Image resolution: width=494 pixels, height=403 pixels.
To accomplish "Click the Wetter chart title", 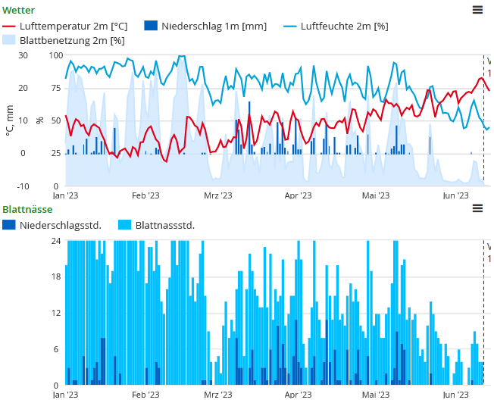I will (18, 10).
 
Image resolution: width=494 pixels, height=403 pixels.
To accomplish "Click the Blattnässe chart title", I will (27, 209).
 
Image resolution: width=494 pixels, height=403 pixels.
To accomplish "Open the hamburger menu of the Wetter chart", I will (477, 10).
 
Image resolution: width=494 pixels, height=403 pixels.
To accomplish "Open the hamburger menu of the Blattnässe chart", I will (477, 208).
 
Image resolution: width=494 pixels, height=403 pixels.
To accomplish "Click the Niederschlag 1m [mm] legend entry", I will (205, 26).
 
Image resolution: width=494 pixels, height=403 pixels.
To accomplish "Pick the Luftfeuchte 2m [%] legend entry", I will (336, 26).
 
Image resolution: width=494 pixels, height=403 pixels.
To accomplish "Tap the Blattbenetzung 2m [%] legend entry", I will (64, 40).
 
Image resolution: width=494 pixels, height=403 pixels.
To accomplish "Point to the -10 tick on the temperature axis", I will (23, 186).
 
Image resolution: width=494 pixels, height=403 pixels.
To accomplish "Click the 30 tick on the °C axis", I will (23, 55).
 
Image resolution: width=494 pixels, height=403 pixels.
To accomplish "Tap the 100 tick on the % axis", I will (56, 55).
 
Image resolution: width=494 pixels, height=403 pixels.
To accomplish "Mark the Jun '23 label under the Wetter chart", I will (455, 195).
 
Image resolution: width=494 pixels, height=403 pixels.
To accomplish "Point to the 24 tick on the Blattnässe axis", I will (55, 241).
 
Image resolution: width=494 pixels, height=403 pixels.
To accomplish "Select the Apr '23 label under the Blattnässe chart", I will (298, 395).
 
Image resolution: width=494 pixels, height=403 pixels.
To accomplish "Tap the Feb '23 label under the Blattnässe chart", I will (145, 395).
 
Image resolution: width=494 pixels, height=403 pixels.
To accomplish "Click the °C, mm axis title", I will (9, 120).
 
